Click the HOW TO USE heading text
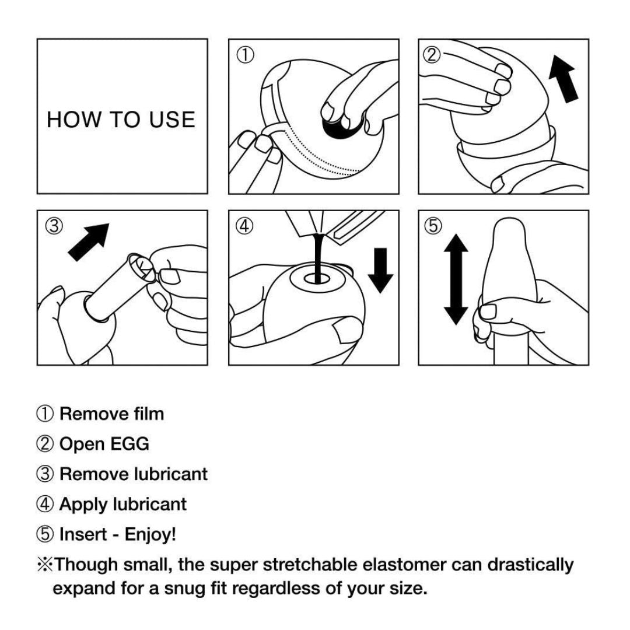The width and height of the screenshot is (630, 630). [x=121, y=120]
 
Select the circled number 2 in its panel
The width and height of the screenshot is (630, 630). [x=432, y=55]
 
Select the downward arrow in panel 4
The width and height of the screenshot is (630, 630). [x=380, y=269]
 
